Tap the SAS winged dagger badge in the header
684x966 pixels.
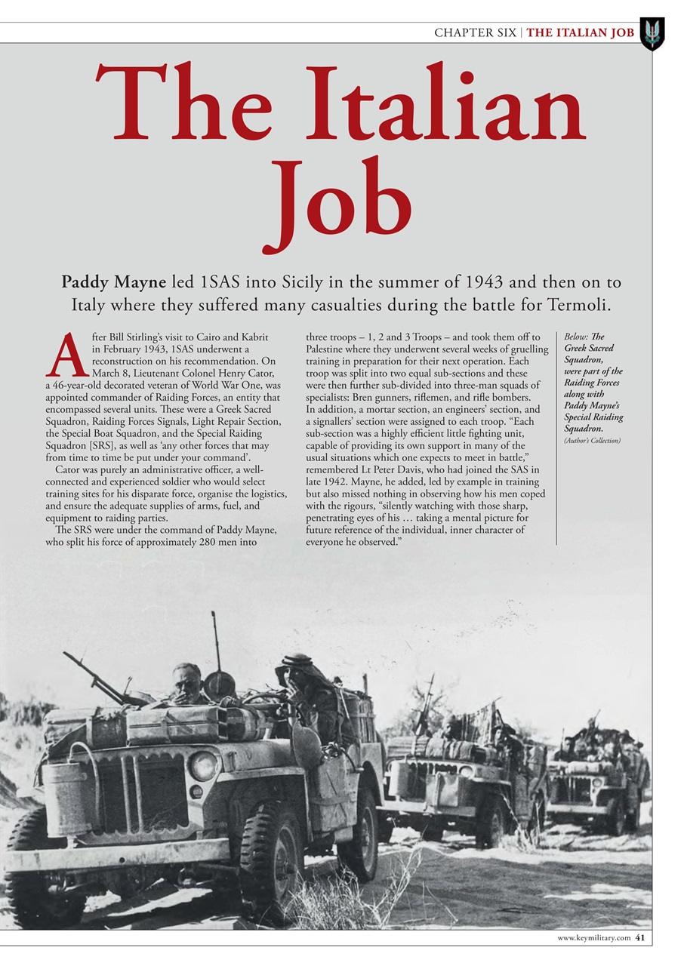(x=652, y=33)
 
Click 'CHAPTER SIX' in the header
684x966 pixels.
(x=475, y=32)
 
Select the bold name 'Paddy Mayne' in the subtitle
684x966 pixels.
(x=114, y=282)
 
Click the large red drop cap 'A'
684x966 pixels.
(x=67, y=355)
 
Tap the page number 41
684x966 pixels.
(x=639, y=938)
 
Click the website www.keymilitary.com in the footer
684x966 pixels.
(x=593, y=938)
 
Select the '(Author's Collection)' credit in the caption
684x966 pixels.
(x=593, y=440)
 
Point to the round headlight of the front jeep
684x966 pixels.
(x=202, y=765)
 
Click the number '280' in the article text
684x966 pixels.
(x=214, y=541)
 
